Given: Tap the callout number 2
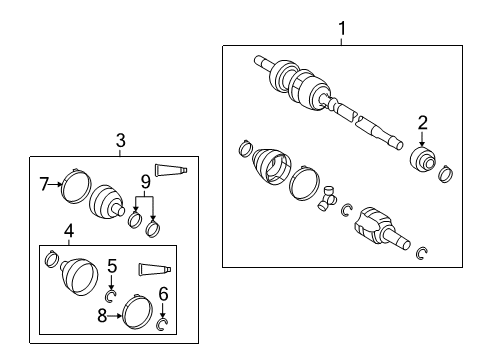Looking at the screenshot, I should (423, 123).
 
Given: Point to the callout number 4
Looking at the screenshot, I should (68, 231).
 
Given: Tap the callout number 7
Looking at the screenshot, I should (44, 183).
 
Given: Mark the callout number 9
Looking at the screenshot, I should (145, 182).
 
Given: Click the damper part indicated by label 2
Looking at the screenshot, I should (424, 160).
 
